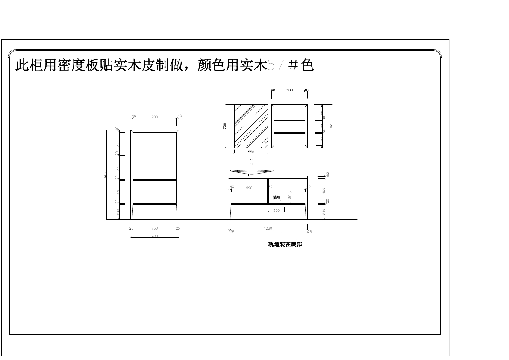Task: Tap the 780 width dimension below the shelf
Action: click(155, 236)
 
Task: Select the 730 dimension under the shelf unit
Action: click(155, 228)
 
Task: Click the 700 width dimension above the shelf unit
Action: click(155, 117)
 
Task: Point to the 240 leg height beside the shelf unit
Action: click(117, 211)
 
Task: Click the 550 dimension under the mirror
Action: click(251, 152)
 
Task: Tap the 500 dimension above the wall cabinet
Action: click(289, 91)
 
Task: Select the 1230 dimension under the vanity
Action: click(268, 229)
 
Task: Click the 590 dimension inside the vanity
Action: click(249, 188)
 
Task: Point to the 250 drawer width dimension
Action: click(277, 210)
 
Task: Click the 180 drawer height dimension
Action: click(289, 197)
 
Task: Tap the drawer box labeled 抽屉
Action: click(277, 197)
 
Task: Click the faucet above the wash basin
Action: click(252, 164)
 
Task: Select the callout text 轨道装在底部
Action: click(285, 245)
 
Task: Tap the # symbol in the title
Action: click(293, 65)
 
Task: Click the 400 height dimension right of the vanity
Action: click(324, 190)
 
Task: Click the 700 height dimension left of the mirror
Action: click(225, 126)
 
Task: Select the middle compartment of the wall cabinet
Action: click(289, 126)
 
